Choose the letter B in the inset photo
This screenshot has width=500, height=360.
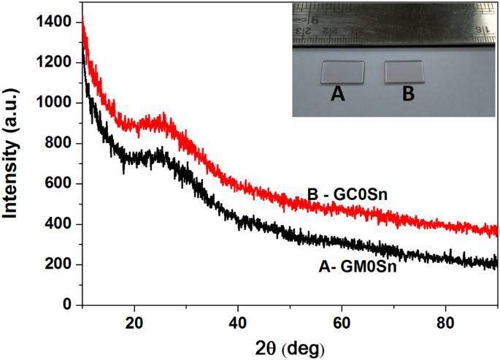(x=409, y=94)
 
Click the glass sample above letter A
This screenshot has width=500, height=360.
(x=343, y=72)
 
